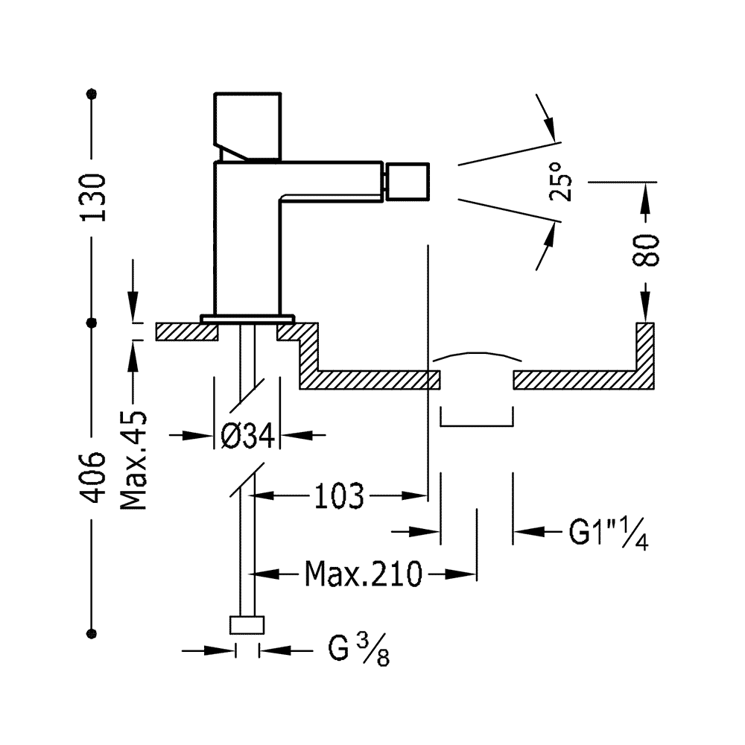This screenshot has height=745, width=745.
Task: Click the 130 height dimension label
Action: [92, 197]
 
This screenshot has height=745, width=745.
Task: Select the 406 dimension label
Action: [92, 477]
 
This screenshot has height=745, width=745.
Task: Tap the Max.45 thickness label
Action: [133, 460]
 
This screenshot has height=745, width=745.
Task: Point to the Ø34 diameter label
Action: [248, 435]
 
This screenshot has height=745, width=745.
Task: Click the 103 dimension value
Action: [339, 496]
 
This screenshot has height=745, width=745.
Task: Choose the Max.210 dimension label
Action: [364, 574]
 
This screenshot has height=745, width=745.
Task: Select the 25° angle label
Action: [561, 182]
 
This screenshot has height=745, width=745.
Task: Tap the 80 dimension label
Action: [646, 250]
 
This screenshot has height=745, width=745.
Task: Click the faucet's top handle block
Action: [247, 127]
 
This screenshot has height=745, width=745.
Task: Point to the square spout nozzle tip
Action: [407, 182]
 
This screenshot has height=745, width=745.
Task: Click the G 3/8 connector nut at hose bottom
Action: [247, 625]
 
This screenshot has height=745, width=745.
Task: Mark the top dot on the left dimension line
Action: [92, 94]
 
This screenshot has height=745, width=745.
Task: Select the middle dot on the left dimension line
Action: [92, 323]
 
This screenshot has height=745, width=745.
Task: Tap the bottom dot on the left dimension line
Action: [92, 633]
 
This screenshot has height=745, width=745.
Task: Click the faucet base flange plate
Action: [247, 318]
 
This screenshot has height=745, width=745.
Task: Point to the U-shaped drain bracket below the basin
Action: [477, 425]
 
